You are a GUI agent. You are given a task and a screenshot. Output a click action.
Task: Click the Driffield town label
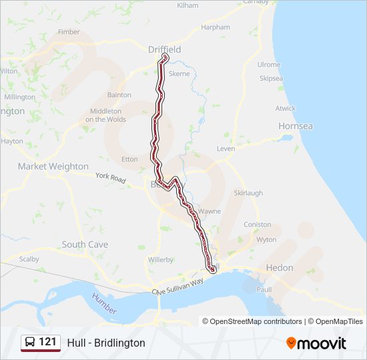click(x=164, y=49)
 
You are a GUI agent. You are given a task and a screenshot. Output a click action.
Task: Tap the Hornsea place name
click(x=296, y=126)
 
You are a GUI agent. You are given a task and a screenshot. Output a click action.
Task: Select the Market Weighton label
click(x=53, y=167)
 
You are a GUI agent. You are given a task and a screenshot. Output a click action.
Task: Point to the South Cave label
click(x=85, y=245)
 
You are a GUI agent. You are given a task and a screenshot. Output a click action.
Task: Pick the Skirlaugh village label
click(x=248, y=193)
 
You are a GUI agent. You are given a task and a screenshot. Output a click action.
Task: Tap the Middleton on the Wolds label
click(x=105, y=115)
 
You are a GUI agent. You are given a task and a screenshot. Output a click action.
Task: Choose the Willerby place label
click(x=161, y=259)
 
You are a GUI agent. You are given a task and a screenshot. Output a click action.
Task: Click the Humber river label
click(x=105, y=303)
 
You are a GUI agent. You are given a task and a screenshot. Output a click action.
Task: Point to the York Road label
click(x=111, y=179)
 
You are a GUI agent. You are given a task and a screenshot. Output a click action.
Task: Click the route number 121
click(x=47, y=342)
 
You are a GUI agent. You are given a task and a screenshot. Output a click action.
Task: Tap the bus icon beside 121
click(x=30, y=343)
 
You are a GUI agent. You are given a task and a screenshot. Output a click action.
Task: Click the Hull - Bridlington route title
click(x=106, y=343)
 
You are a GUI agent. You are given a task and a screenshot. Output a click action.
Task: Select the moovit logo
click(x=316, y=343)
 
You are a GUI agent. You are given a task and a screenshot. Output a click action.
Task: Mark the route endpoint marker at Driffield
click(x=165, y=57)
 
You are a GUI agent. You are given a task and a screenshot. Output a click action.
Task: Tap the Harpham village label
click(x=216, y=27)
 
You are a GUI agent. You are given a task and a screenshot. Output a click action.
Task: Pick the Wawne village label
click(x=209, y=211)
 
